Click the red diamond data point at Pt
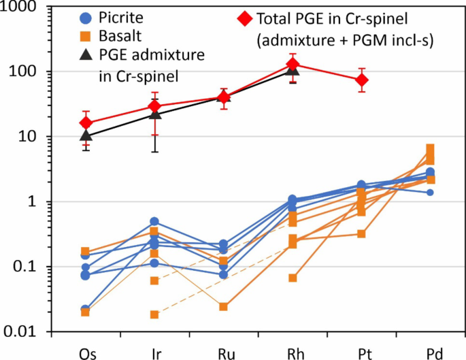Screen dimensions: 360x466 pyautogui.click(x=362, y=80)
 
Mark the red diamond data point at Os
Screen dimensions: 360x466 pyautogui.click(x=86, y=123)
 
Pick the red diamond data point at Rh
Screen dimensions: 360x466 pyautogui.click(x=293, y=65)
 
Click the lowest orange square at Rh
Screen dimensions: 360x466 pyautogui.click(x=293, y=278)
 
